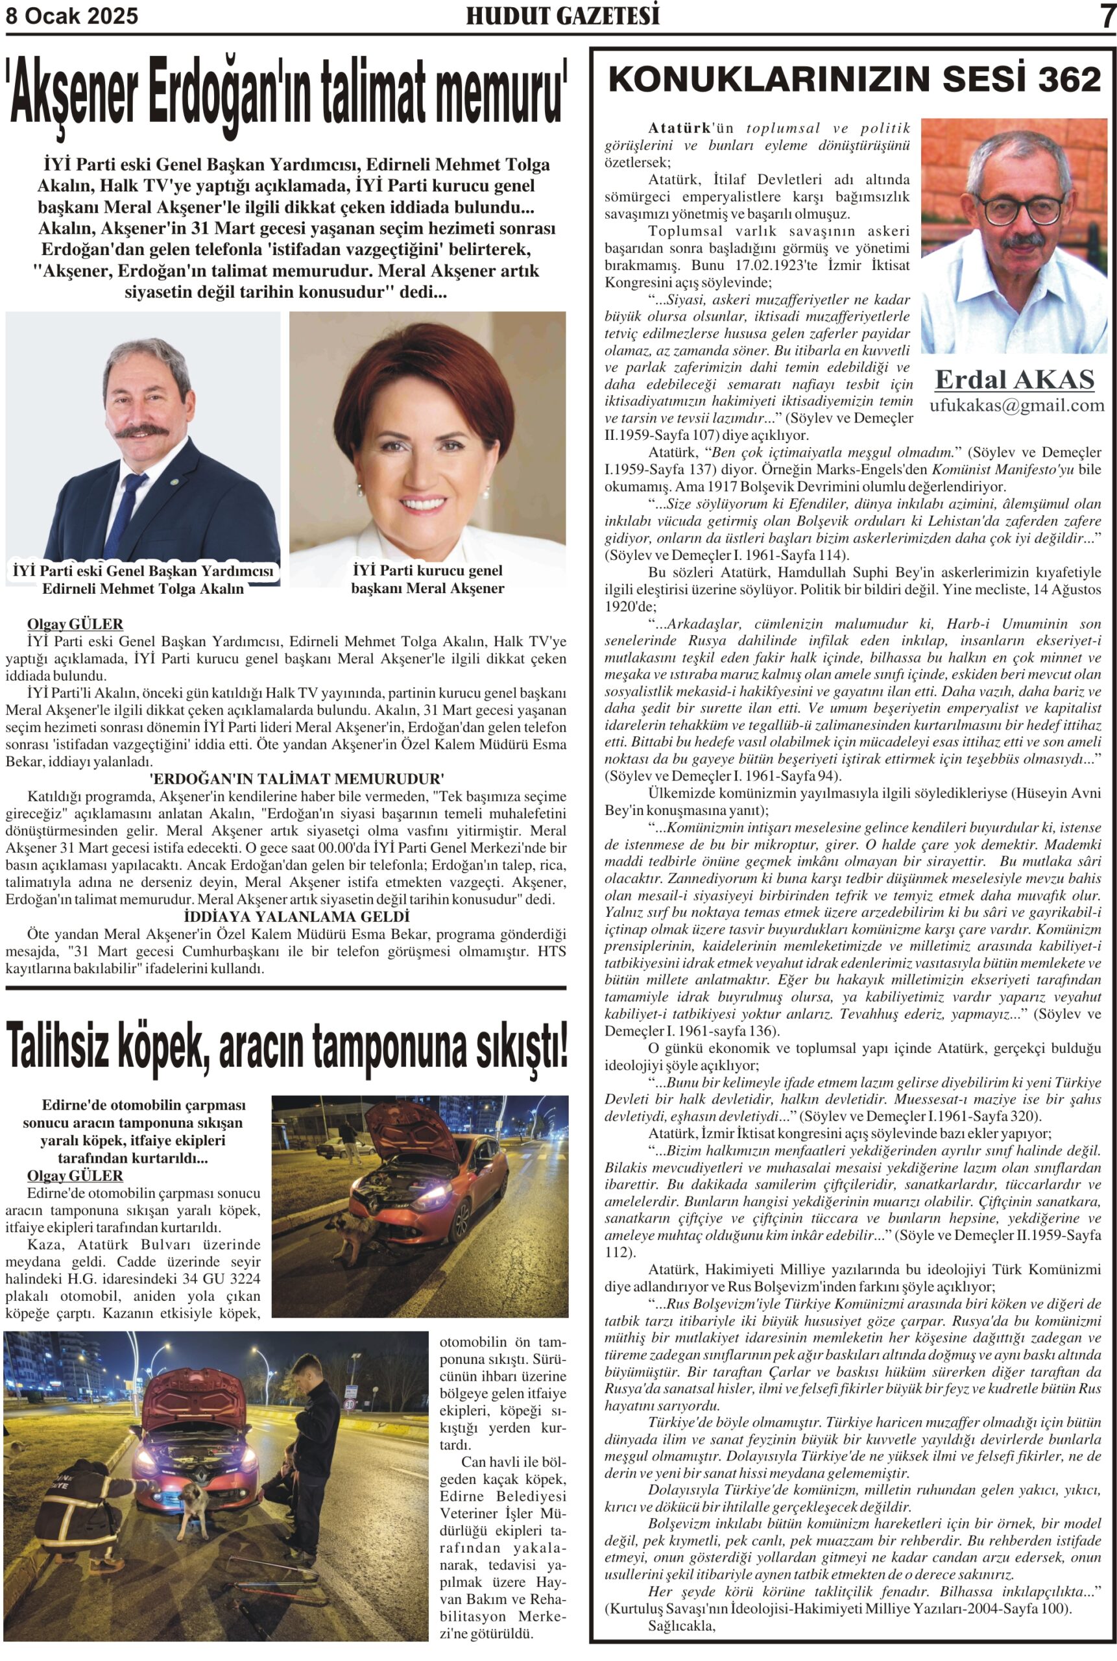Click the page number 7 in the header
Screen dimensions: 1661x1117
coord(1107,15)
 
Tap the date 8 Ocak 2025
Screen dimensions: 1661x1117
coord(72,16)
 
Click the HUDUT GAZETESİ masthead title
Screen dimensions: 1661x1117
coord(563,16)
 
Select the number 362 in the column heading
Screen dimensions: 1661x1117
coord(1069,79)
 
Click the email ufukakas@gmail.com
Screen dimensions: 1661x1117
coord(1016,406)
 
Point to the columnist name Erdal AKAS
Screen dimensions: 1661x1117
coord(1015,379)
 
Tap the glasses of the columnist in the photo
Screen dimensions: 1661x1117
coord(1020,209)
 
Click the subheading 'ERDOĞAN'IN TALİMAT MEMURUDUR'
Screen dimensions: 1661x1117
coord(297,778)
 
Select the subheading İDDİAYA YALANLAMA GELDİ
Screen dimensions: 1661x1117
coord(296,915)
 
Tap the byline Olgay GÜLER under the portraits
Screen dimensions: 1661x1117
coord(75,624)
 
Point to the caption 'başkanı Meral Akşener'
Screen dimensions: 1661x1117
coord(427,588)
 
